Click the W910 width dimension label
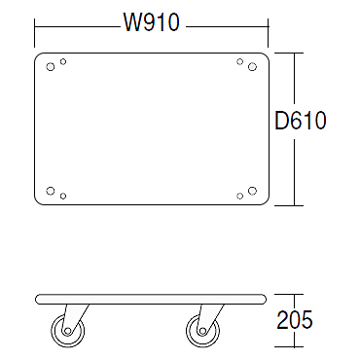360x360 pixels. pos(151,22)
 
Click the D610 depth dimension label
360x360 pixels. pos(301,121)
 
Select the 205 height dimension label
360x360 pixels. pos(295,320)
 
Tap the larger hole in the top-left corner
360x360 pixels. pos(51,67)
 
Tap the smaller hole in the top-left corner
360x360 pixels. pos(63,61)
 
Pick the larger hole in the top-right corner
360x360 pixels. pos(252,67)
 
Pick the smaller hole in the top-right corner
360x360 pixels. pos(239,61)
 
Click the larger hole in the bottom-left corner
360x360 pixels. pos(51,191)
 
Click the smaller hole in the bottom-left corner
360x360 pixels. pos(63,196)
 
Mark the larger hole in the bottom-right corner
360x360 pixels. pos(252,191)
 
